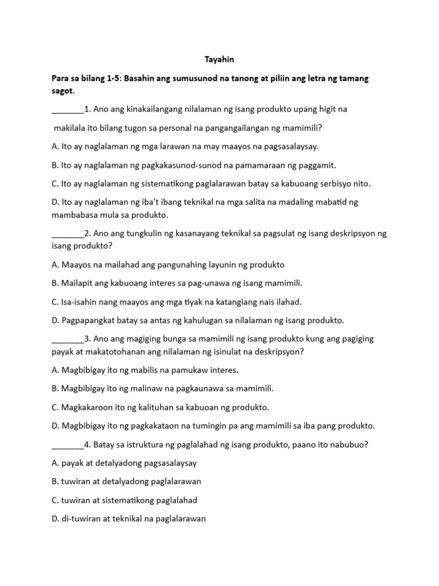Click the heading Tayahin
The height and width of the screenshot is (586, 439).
(x=219, y=59)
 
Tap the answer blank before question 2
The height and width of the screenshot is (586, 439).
(x=67, y=235)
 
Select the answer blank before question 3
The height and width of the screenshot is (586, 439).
(x=67, y=339)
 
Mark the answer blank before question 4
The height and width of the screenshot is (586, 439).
(x=67, y=445)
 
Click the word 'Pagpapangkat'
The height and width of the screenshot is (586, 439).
(x=85, y=320)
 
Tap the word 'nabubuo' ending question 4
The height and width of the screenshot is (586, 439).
(x=350, y=445)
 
